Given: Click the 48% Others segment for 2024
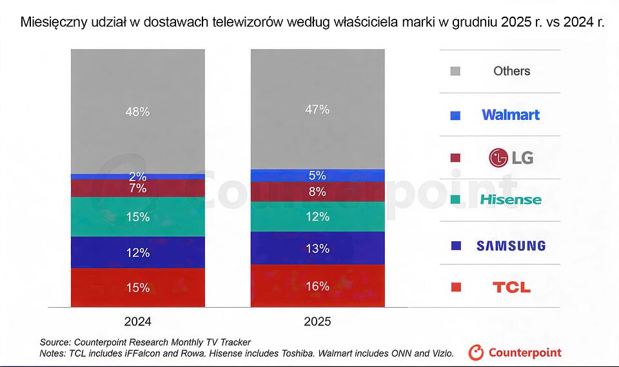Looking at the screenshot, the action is coord(138,112).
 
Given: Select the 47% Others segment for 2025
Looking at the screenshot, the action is coord(317,110).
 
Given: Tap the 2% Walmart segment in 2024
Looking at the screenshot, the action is coord(138,177).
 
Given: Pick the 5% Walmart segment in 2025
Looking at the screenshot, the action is coord(317,176).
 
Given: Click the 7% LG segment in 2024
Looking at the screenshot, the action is coord(138,188).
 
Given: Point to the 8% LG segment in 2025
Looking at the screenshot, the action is coord(317,192).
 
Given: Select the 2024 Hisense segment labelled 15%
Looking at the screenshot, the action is coord(138,217).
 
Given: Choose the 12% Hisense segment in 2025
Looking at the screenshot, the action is coord(317,217).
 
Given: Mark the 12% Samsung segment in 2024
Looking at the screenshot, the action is coord(138,252).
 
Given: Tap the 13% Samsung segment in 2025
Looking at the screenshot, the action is coord(317,248).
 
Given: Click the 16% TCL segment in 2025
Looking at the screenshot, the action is coord(317,286).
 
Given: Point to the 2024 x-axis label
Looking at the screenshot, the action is coord(138,322).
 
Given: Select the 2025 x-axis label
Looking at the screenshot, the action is coord(317,322).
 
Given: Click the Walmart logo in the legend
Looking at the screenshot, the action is coord(511,115).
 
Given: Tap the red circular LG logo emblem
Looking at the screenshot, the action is coord(498,158).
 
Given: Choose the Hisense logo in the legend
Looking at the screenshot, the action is coord(511,199).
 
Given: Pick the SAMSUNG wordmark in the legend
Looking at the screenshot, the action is coord(511,246).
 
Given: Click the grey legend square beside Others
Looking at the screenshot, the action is coord(456,71).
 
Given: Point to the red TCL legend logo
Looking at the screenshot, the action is coord(511,287).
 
